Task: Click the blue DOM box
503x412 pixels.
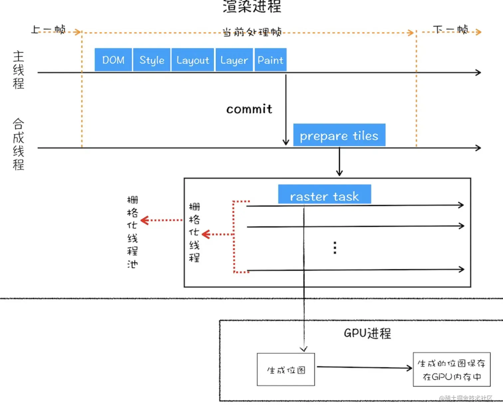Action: click(x=113, y=60)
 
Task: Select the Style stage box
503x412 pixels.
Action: click(x=152, y=60)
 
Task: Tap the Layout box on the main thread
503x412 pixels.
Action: click(x=193, y=60)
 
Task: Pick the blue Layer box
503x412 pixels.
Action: click(x=234, y=60)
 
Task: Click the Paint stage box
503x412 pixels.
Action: click(x=270, y=60)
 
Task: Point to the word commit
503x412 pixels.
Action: click(x=249, y=109)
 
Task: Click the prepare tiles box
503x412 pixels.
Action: click(x=339, y=135)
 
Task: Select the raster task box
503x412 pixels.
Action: click(x=324, y=194)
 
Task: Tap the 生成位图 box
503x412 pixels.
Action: click(x=286, y=370)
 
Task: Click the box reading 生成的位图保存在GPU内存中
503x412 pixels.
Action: click(x=451, y=370)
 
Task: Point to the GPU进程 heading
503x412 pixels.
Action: click(x=367, y=333)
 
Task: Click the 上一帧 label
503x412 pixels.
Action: click(x=49, y=30)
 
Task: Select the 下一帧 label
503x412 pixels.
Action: click(x=451, y=30)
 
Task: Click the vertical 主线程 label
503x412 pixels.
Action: click(x=19, y=70)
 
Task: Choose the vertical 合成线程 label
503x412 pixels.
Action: click(x=19, y=144)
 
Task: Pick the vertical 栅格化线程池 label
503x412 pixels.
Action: click(x=132, y=232)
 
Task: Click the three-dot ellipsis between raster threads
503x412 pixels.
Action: click(x=335, y=248)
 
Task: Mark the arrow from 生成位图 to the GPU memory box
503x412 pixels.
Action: click(x=364, y=367)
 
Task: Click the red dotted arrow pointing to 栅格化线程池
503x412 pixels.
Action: click(x=162, y=220)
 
